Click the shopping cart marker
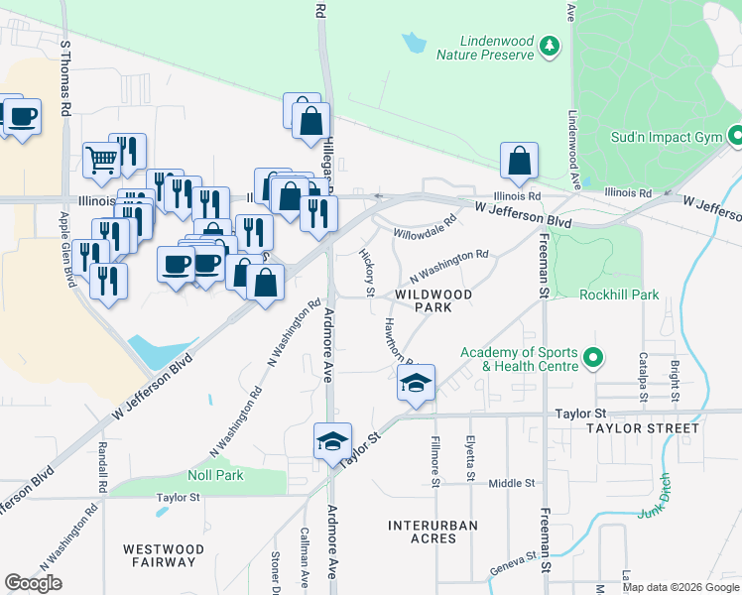click(x=101, y=160)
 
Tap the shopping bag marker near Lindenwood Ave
click(x=519, y=161)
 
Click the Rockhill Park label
click(x=619, y=295)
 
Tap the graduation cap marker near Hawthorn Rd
click(x=417, y=382)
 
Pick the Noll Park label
click(x=215, y=475)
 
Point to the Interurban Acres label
click(x=433, y=532)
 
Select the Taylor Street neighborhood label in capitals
click(x=642, y=428)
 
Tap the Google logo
click(x=33, y=583)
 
